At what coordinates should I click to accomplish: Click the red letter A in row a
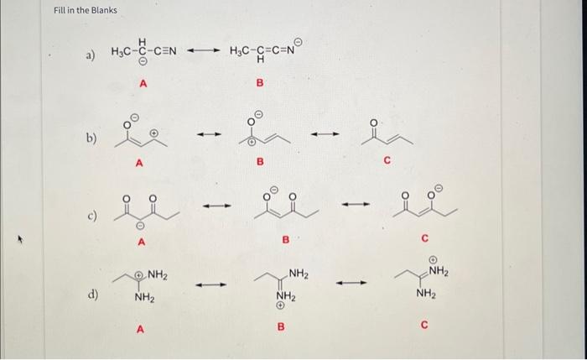click(143, 83)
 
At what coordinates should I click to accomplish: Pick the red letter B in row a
click(259, 83)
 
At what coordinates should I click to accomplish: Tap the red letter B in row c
click(285, 241)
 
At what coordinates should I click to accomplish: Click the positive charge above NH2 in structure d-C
click(433, 259)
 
